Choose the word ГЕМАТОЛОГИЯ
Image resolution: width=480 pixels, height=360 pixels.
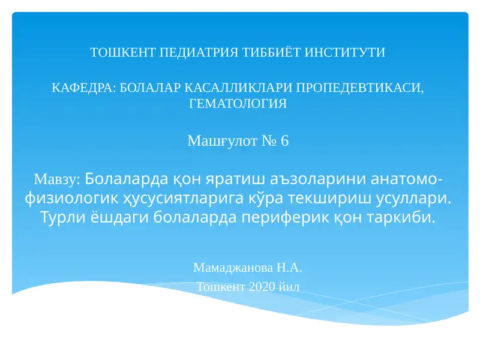[238, 104]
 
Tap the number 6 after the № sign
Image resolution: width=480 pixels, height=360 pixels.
[284, 142]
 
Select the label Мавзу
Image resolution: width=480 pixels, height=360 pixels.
[56, 179]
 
